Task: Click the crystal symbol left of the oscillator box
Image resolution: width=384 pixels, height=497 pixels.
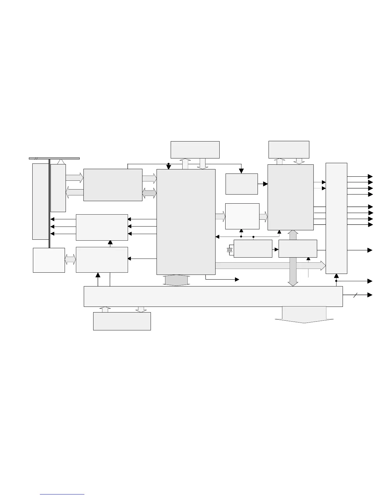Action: tap(230, 250)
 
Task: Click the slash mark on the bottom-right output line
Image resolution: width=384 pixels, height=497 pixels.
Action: tap(355, 295)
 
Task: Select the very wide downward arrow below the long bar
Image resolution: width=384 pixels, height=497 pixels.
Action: tap(304, 315)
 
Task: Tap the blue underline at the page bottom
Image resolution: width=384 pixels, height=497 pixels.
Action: tap(62, 494)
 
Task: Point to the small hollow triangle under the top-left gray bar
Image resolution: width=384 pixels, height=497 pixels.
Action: tap(62, 162)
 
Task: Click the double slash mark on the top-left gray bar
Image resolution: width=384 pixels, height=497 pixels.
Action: tap(36, 158)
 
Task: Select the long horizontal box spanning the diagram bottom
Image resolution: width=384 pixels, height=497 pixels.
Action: tap(213, 296)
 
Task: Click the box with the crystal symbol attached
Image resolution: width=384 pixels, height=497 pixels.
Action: tap(253, 248)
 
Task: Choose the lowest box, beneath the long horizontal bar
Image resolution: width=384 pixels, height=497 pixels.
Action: tap(122, 321)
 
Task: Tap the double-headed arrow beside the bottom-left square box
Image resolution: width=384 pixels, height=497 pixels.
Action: tap(70, 259)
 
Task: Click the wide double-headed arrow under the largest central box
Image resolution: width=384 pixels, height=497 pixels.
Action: tap(176, 280)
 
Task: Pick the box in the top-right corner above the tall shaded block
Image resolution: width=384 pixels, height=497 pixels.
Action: tap(289, 150)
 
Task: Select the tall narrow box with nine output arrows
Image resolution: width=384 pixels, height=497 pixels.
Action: tap(336, 218)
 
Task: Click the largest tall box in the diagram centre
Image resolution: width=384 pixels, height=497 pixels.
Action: tap(186, 222)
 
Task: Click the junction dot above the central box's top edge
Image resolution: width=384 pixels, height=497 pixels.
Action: tap(168, 164)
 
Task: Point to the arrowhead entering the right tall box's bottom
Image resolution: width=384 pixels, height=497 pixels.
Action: tap(336, 276)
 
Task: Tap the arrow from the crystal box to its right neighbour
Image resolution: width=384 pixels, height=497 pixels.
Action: tap(275, 249)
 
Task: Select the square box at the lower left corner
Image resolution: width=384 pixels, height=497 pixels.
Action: tap(49, 260)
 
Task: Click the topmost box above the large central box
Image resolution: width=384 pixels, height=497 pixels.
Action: tap(195, 150)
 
